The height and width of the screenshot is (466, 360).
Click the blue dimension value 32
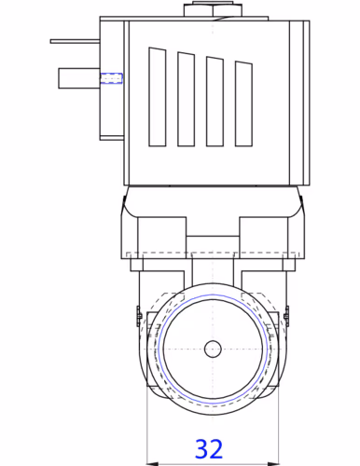210,449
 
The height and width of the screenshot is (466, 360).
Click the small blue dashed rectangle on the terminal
115,77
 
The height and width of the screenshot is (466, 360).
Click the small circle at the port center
214,349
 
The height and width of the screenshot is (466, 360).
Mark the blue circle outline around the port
160,349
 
